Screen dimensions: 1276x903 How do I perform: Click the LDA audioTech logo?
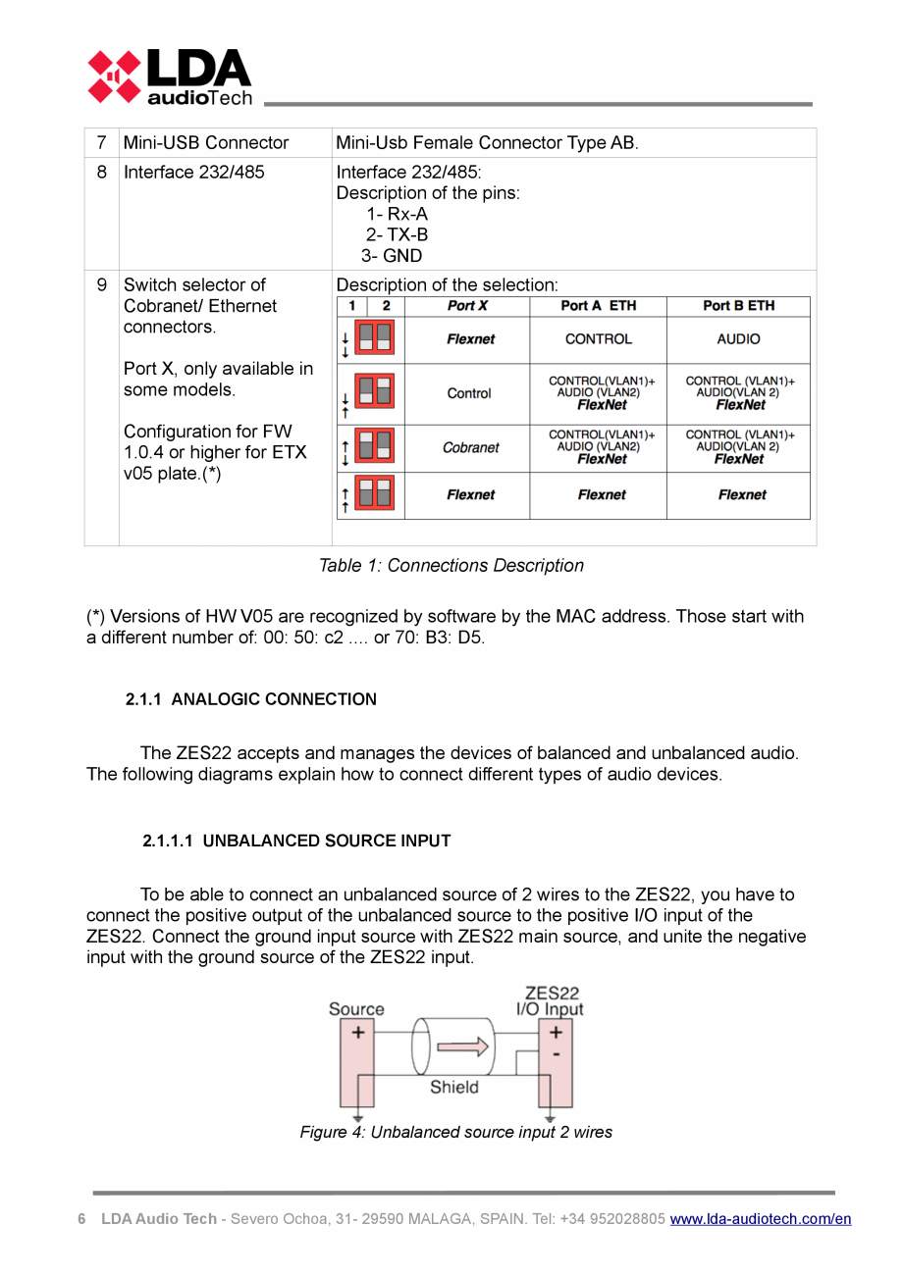coord(169,77)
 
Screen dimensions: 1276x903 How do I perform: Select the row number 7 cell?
coord(101,143)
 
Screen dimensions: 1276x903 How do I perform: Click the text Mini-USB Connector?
coord(205,143)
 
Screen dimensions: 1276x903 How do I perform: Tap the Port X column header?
coord(467,306)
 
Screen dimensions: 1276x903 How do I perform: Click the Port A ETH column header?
coord(598,306)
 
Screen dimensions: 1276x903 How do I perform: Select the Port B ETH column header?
coord(738,306)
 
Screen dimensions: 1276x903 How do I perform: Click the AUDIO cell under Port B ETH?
coord(738,339)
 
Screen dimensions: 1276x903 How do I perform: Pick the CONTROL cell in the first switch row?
coord(598,339)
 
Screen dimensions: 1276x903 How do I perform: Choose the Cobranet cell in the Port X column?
coord(470,447)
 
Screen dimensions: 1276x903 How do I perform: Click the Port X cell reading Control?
coord(469,393)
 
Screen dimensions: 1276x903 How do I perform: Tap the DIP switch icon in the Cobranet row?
coord(374,447)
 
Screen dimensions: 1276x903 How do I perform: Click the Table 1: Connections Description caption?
coord(451,566)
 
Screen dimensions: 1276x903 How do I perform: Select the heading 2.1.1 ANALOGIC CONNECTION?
coord(250,699)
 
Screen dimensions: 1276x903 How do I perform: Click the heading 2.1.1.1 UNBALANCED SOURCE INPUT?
coord(296,841)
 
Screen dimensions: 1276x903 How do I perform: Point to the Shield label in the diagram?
coord(453,1087)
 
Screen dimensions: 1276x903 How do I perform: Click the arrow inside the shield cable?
coord(461,1047)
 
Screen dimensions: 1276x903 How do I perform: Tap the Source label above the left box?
coord(356,1009)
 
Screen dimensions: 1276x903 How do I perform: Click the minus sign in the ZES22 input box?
coord(556,1054)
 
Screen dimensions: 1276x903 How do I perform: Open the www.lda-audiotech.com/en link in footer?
coord(760,1219)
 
